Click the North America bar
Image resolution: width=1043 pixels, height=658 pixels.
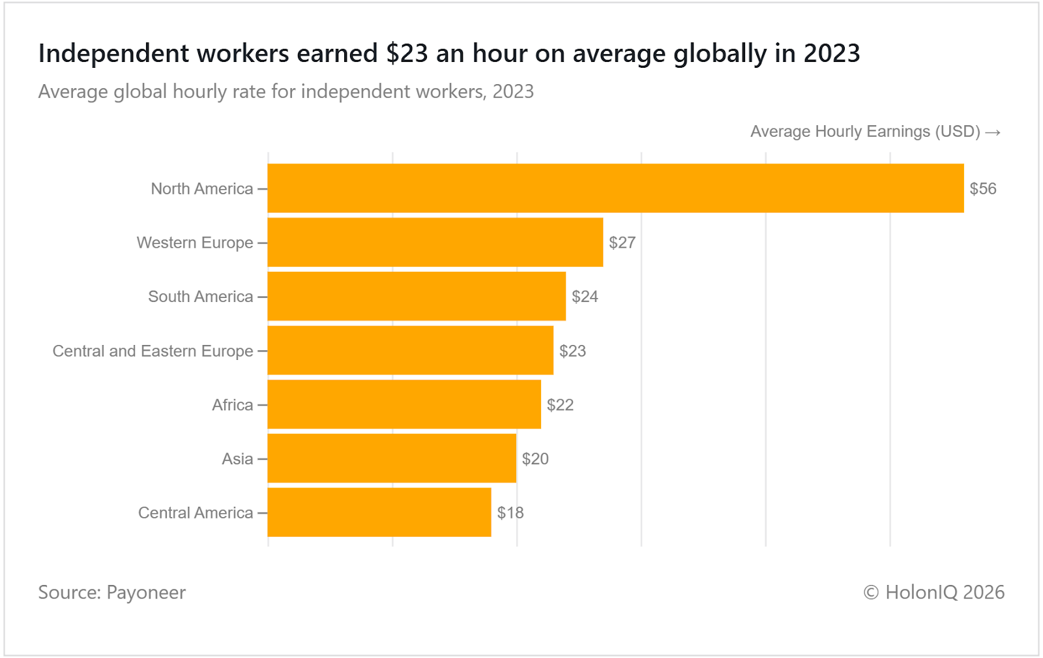point(615,188)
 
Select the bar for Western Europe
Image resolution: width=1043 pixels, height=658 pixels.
point(435,243)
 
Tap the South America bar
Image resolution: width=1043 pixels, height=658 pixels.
point(417,297)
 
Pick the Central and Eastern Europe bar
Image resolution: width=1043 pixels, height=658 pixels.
point(410,351)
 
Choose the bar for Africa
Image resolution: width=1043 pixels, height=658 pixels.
point(404,405)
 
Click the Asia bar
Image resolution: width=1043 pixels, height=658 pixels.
point(392,459)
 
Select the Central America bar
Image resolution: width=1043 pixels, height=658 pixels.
point(379,513)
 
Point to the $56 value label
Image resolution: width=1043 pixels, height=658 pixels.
point(983,189)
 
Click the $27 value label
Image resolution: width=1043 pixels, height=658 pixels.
point(622,243)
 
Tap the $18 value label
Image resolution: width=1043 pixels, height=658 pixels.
point(510,513)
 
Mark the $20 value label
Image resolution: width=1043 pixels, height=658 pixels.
point(535,459)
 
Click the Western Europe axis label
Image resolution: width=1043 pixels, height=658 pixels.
point(194,243)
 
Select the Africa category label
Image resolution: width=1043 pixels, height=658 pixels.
point(232,405)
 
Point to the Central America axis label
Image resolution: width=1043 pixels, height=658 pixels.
point(195,513)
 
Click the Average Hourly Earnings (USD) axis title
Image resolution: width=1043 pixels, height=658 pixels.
point(865,132)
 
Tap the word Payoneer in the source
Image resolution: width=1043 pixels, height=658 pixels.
point(146,592)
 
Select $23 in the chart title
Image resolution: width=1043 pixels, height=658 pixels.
point(407,53)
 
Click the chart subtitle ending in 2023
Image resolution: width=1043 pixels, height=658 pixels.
point(286,91)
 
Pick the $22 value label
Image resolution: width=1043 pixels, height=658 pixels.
point(560,405)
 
